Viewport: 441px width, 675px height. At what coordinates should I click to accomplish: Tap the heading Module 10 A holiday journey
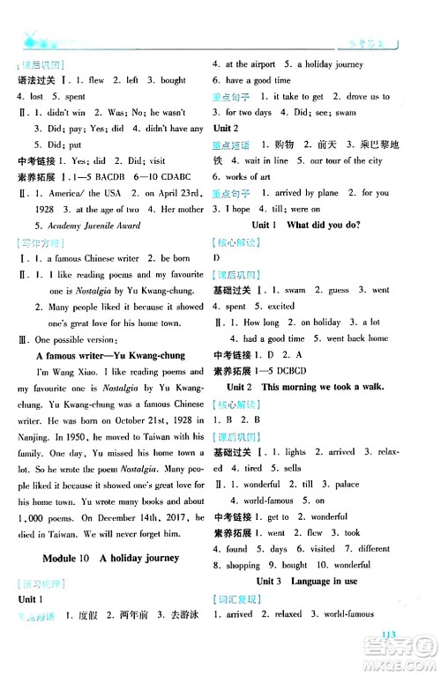tap(111, 558)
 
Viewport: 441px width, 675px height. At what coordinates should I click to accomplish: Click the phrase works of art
tap(243, 177)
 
